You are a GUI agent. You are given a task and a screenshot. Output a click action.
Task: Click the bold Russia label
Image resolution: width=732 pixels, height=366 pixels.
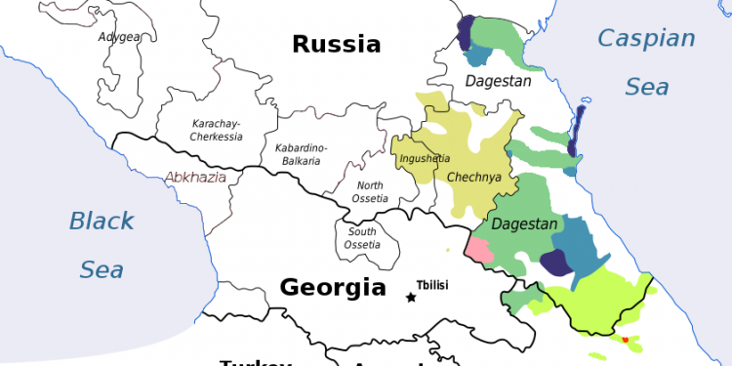[x=336, y=44]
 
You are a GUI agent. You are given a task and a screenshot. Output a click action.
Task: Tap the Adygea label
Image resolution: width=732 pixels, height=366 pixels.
[x=118, y=37]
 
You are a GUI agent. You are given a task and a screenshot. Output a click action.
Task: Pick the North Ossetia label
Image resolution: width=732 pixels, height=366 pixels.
[x=370, y=192]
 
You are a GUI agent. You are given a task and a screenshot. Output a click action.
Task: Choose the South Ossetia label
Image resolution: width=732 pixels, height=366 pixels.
[x=362, y=237]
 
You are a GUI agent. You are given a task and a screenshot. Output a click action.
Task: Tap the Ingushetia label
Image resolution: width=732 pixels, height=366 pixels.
[x=426, y=158]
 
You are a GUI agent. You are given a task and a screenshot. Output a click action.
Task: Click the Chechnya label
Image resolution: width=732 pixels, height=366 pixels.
[x=473, y=178]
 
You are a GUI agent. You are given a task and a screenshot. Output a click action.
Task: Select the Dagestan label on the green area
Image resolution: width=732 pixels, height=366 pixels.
[x=525, y=224]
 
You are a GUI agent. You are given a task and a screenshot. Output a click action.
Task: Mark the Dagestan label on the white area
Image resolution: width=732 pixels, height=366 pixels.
[x=498, y=81]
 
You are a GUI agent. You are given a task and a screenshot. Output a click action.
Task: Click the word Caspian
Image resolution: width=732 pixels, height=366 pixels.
[x=646, y=39]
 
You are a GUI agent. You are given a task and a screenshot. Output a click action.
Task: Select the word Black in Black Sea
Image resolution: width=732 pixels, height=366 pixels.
[x=101, y=222]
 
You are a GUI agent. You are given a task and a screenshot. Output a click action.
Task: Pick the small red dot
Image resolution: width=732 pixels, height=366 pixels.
[x=626, y=339]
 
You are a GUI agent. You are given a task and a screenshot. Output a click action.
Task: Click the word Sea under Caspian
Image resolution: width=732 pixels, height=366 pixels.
[x=646, y=87]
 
